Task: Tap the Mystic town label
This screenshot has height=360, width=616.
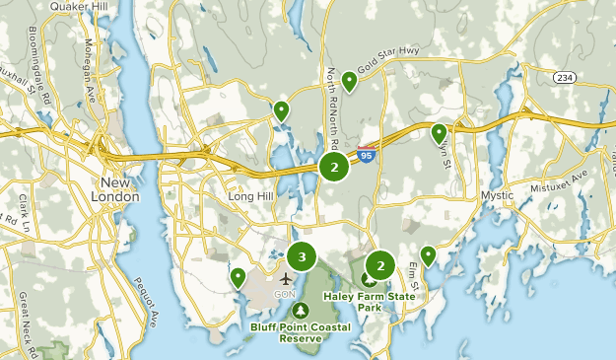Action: point(497,195)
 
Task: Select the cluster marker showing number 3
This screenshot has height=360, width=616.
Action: point(302,257)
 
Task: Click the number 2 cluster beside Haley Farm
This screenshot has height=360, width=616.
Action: point(379,264)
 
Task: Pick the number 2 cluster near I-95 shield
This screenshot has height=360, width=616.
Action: point(334,167)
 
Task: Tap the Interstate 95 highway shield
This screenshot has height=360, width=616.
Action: point(366,155)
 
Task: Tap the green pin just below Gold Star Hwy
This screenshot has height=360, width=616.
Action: point(349,81)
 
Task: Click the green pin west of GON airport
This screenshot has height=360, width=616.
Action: point(238,277)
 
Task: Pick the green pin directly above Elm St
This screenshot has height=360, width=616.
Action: point(428,255)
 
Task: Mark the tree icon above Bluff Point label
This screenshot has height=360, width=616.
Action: point(300,311)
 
